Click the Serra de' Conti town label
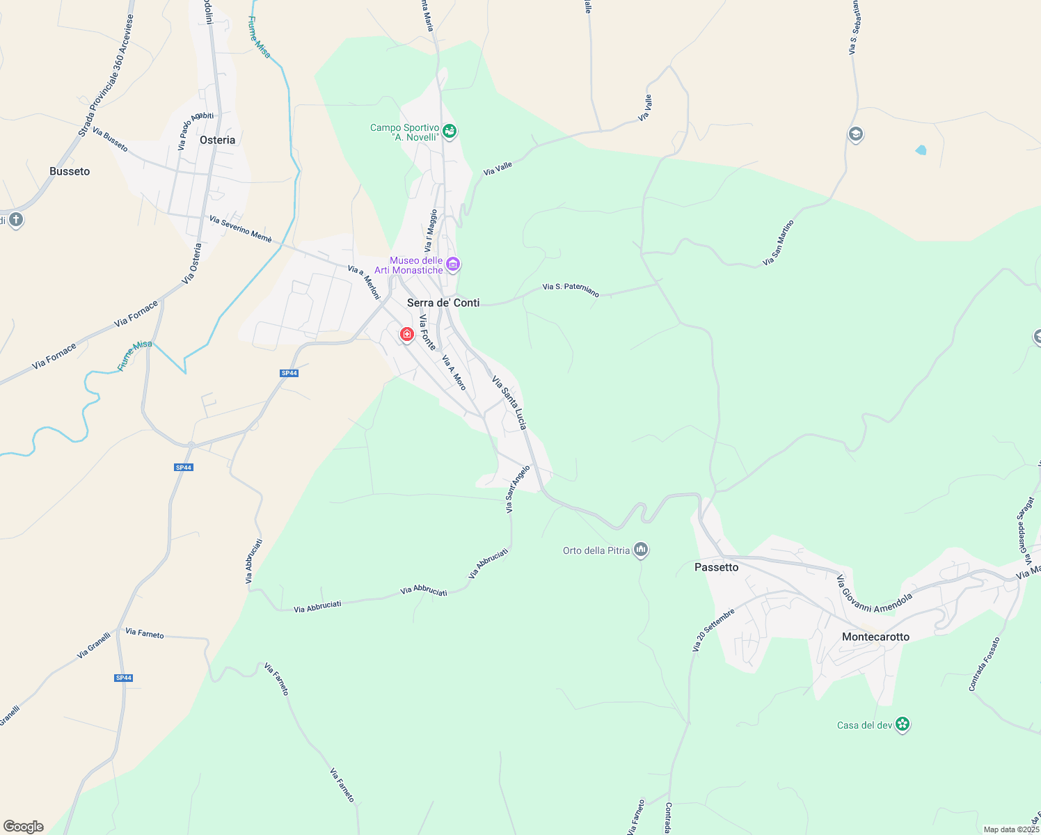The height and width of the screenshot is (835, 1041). tap(443, 303)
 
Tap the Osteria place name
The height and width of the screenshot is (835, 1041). tap(217, 140)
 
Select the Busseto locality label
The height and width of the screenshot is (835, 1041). tap(70, 171)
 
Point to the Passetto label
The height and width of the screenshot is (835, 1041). tap(716, 567)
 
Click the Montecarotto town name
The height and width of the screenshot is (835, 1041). tap(875, 637)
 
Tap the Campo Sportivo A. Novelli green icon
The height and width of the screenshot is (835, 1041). tap(450, 132)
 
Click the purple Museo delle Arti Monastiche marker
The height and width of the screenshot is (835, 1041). tap(453, 264)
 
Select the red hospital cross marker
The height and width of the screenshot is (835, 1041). tap(407, 335)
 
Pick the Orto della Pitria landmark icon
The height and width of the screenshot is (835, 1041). tap(641, 550)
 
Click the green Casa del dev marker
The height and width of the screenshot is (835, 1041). tap(903, 724)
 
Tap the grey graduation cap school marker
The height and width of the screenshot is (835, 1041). tap(856, 134)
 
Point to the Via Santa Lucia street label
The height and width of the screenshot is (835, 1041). tap(509, 403)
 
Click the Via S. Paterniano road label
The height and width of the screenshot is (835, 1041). tap(571, 289)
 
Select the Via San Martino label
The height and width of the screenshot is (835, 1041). tap(778, 243)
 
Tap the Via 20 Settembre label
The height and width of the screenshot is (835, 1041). tap(713, 631)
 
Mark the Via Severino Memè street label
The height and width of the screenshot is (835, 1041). tap(241, 229)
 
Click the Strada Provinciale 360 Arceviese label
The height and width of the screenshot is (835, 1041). tap(106, 86)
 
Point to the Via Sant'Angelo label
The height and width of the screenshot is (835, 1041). tap(518, 489)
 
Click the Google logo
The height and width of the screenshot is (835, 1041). tap(24, 827)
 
